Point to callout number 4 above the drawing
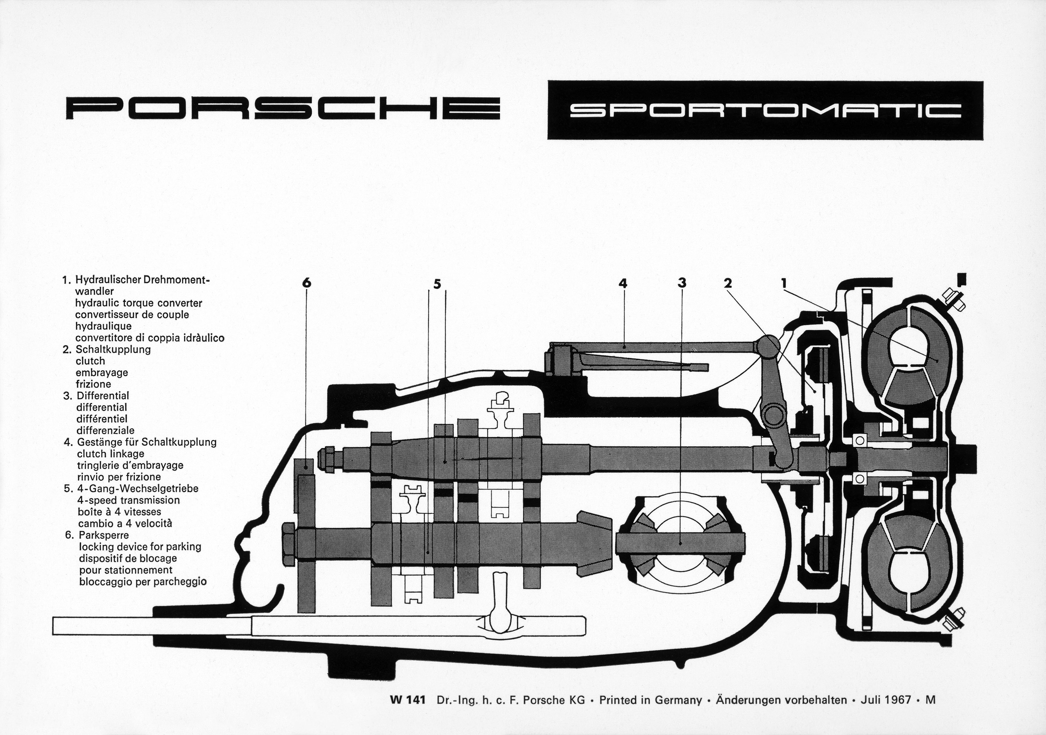(x=623, y=283)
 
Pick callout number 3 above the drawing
(x=681, y=283)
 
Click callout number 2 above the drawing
(x=727, y=283)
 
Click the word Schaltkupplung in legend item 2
(x=113, y=349)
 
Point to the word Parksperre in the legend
(x=104, y=535)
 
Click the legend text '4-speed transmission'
(x=129, y=500)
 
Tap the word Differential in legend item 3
(x=103, y=395)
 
